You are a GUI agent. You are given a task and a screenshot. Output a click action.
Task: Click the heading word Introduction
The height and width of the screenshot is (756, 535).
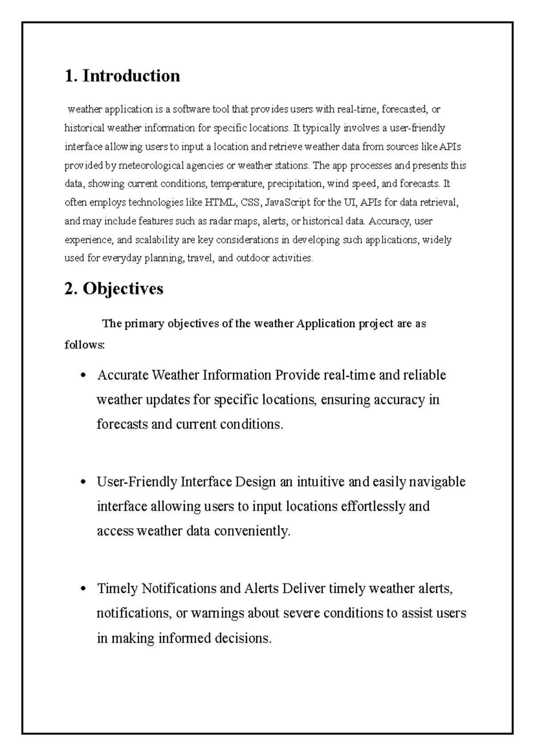point(132,76)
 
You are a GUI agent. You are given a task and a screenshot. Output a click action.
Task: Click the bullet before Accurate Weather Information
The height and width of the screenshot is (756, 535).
point(82,375)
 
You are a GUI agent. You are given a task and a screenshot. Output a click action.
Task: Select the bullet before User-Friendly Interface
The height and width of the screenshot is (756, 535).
point(82,482)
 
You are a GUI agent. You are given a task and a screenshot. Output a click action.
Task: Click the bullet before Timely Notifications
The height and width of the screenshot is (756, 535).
point(82,589)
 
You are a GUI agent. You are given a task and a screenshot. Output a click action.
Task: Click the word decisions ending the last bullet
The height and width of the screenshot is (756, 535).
point(243,638)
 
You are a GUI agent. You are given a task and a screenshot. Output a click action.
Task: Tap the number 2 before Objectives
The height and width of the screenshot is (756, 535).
point(69,289)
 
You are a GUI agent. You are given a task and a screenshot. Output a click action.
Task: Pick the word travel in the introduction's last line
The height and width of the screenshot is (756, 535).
point(200,258)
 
